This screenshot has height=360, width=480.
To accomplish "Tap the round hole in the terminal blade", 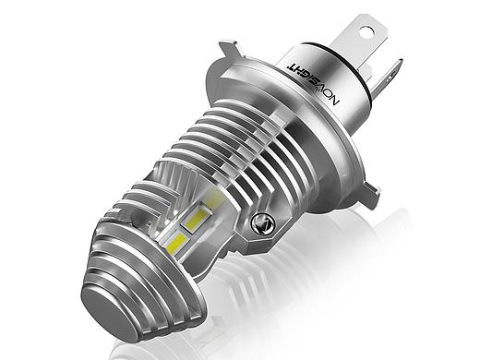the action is [366, 31].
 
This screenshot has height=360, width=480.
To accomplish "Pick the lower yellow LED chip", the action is [177, 242].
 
